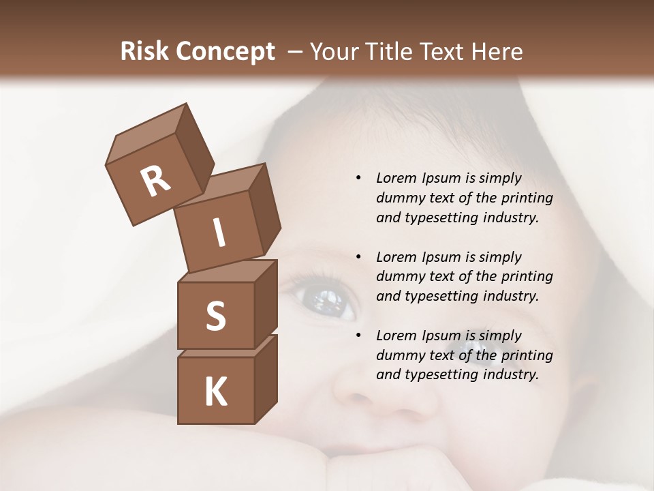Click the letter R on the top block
point(155,181)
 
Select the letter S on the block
point(215,316)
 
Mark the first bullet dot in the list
point(358,178)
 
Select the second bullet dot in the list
point(358,257)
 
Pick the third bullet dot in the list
point(358,336)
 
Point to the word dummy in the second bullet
point(398,276)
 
